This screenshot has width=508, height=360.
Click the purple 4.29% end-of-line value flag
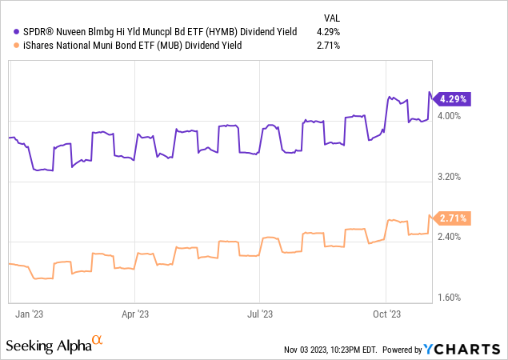pyautogui.click(x=452, y=99)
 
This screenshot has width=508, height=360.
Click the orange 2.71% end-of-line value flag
pyautogui.click(x=452, y=218)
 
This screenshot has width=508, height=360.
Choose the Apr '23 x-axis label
pyautogui.click(x=137, y=314)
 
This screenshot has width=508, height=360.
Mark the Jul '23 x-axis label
pyautogui.click(x=262, y=314)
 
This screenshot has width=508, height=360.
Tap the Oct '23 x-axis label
pyautogui.click(x=386, y=314)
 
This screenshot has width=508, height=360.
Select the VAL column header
pyautogui.click(x=330, y=16)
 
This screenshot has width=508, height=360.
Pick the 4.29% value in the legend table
pyautogui.click(x=328, y=31)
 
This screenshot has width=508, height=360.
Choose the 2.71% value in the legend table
pyautogui.click(x=328, y=46)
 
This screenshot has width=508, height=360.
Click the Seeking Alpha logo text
pyautogui.click(x=48, y=346)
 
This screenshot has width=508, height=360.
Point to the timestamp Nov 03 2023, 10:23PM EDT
pyautogui.click(x=330, y=350)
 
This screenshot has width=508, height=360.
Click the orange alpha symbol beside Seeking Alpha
pyautogui.click(x=98, y=342)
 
